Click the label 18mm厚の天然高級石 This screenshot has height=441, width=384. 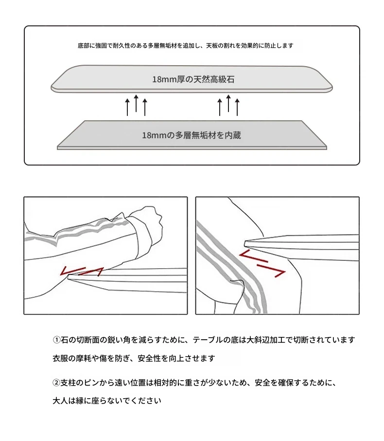pos(193,79)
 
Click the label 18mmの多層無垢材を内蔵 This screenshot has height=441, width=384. pos(192,135)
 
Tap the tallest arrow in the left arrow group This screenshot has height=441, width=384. pos(136,103)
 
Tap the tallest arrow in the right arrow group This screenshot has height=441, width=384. pos(228,103)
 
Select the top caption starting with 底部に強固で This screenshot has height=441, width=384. pos(185,46)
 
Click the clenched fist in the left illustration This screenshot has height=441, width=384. pos(151,217)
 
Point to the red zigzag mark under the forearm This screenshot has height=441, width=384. pos(82,271)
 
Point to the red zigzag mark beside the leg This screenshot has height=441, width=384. pos(262,263)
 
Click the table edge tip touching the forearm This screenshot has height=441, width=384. pos(69,277)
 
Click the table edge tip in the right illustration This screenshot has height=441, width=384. pos(245,243)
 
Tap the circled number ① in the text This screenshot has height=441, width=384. pos(56,340)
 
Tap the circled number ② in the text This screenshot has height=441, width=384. pos(56,383)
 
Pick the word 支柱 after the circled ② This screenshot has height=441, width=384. pos(68,383)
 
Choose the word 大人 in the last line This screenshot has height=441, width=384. pos(60,401)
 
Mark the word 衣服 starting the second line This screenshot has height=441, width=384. pos(60,358)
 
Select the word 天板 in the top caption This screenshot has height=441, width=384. pos(212,46)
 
